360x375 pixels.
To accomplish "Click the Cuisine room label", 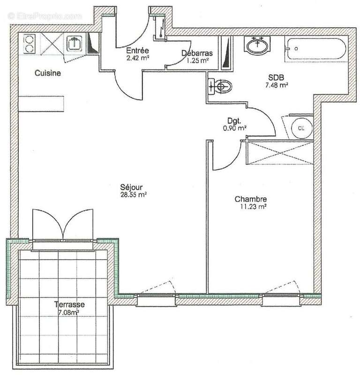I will (49, 73).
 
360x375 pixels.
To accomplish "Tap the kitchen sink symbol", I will (75, 44).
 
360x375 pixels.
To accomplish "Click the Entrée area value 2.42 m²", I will (138, 59).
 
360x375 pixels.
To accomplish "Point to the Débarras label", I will (197, 53).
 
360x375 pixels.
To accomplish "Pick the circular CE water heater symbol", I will (299, 127).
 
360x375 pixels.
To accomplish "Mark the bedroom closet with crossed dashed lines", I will (279, 152).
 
